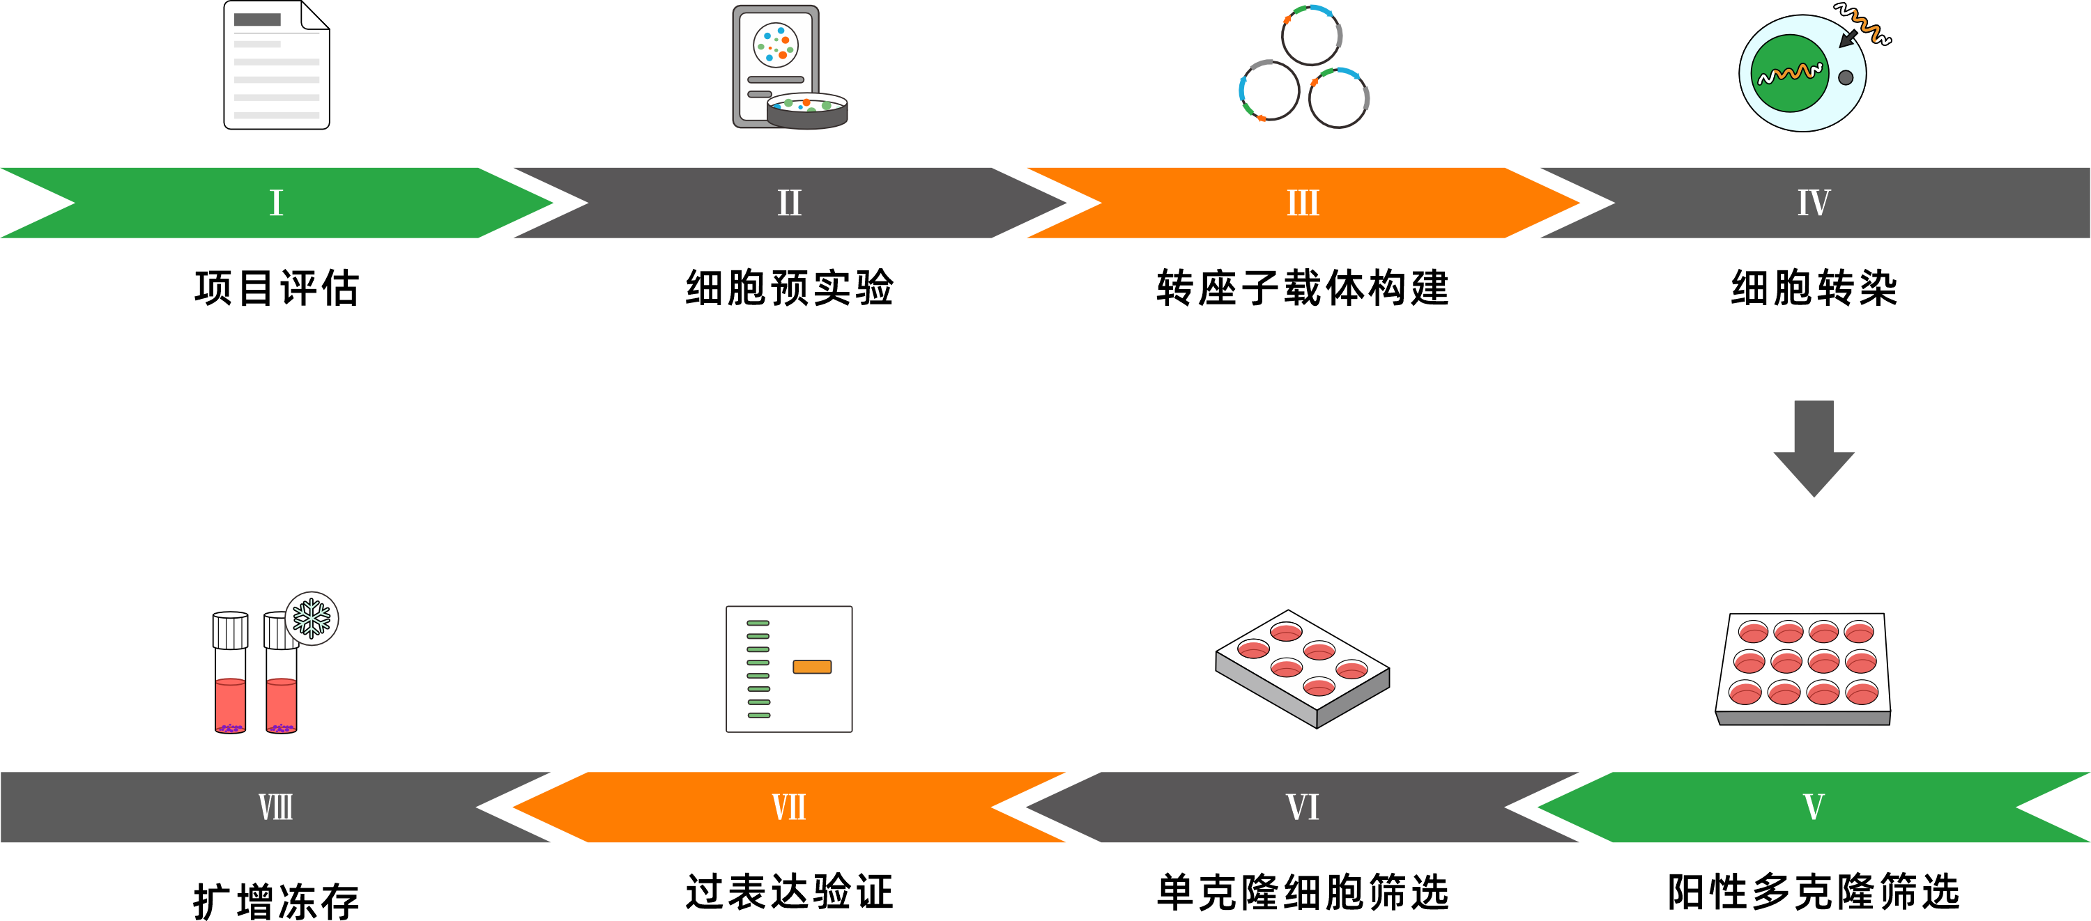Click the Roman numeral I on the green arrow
(x=276, y=203)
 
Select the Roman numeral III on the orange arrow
(x=1303, y=203)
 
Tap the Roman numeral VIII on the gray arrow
(x=276, y=807)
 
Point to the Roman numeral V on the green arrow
(x=1814, y=807)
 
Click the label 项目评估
(x=276, y=288)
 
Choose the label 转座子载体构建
(x=1303, y=288)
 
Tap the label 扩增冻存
(x=276, y=901)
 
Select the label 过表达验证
(x=789, y=892)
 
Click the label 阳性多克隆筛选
(x=1814, y=892)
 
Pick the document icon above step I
(x=276, y=65)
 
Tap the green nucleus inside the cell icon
(x=1789, y=73)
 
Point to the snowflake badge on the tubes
(x=312, y=619)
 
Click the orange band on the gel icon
(x=812, y=667)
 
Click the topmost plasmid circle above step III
(x=1311, y=35)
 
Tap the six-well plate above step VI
(x=1302, y=668)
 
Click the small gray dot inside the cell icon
(x=1845, y=78)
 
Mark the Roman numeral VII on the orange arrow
(x=789, y=807)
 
